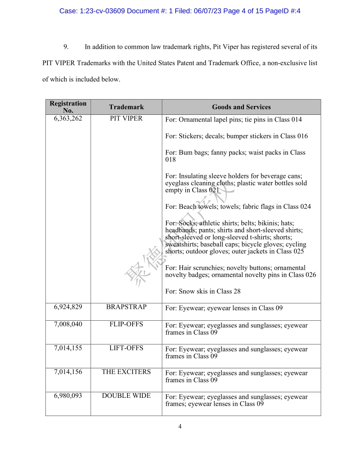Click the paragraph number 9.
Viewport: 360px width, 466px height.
[x=66, y=47]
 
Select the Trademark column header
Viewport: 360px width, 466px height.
[x=126, y=107]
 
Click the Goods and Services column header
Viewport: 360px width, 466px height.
[x=241, y=107]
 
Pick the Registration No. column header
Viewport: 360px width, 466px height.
[x=68, y=107]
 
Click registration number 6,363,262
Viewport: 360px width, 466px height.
[x=68, y=119]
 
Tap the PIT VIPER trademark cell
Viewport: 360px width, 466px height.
[x=126, y=119]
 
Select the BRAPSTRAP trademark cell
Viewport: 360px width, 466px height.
[x=126, y=307]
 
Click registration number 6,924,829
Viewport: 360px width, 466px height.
[x=68, y=307]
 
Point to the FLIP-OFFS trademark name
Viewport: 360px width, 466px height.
[x=126, y=325]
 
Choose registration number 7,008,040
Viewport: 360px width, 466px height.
[x=68, y=325]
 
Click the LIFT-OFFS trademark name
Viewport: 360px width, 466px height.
[x=126, y=348]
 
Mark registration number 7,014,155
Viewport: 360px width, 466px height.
[x=68, y=348]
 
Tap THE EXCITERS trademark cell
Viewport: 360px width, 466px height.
[x=126, y=372]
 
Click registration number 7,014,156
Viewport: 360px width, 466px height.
[x=68, y=372]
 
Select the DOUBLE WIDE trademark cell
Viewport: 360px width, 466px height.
[x=126, y=396]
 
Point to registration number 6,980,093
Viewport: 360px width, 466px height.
[x=68, y=396]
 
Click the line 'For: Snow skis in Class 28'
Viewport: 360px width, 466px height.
[x=203, y=291]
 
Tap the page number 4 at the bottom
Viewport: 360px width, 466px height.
[x=180, y=427]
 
